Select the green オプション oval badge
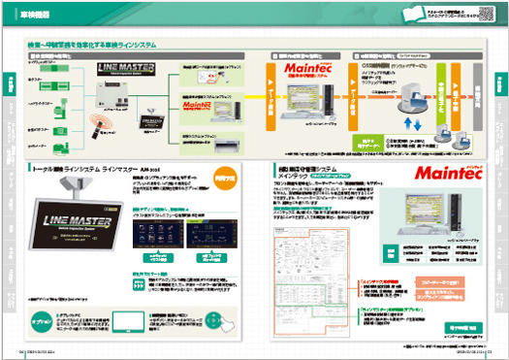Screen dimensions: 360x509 coord(40,320)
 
